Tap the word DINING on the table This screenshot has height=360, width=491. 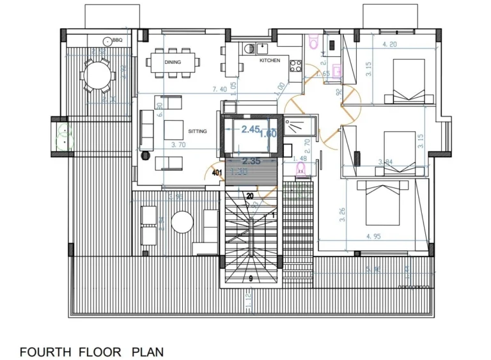[x=173, y=63]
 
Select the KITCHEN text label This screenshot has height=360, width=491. [x=269, y=61]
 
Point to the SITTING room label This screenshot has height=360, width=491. [x=198, y=131]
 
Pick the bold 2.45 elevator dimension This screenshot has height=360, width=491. [x=251, y=129]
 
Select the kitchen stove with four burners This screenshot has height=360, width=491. [x=296, y=65]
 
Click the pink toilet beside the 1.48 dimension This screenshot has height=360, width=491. [x=300, y=169]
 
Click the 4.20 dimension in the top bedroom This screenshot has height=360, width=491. [x=389, y=45]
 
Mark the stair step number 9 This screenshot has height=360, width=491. [x=251, y=278]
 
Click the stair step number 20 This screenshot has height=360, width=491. [x=249, y=196]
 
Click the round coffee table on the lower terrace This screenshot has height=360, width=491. [x=182, y=222]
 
